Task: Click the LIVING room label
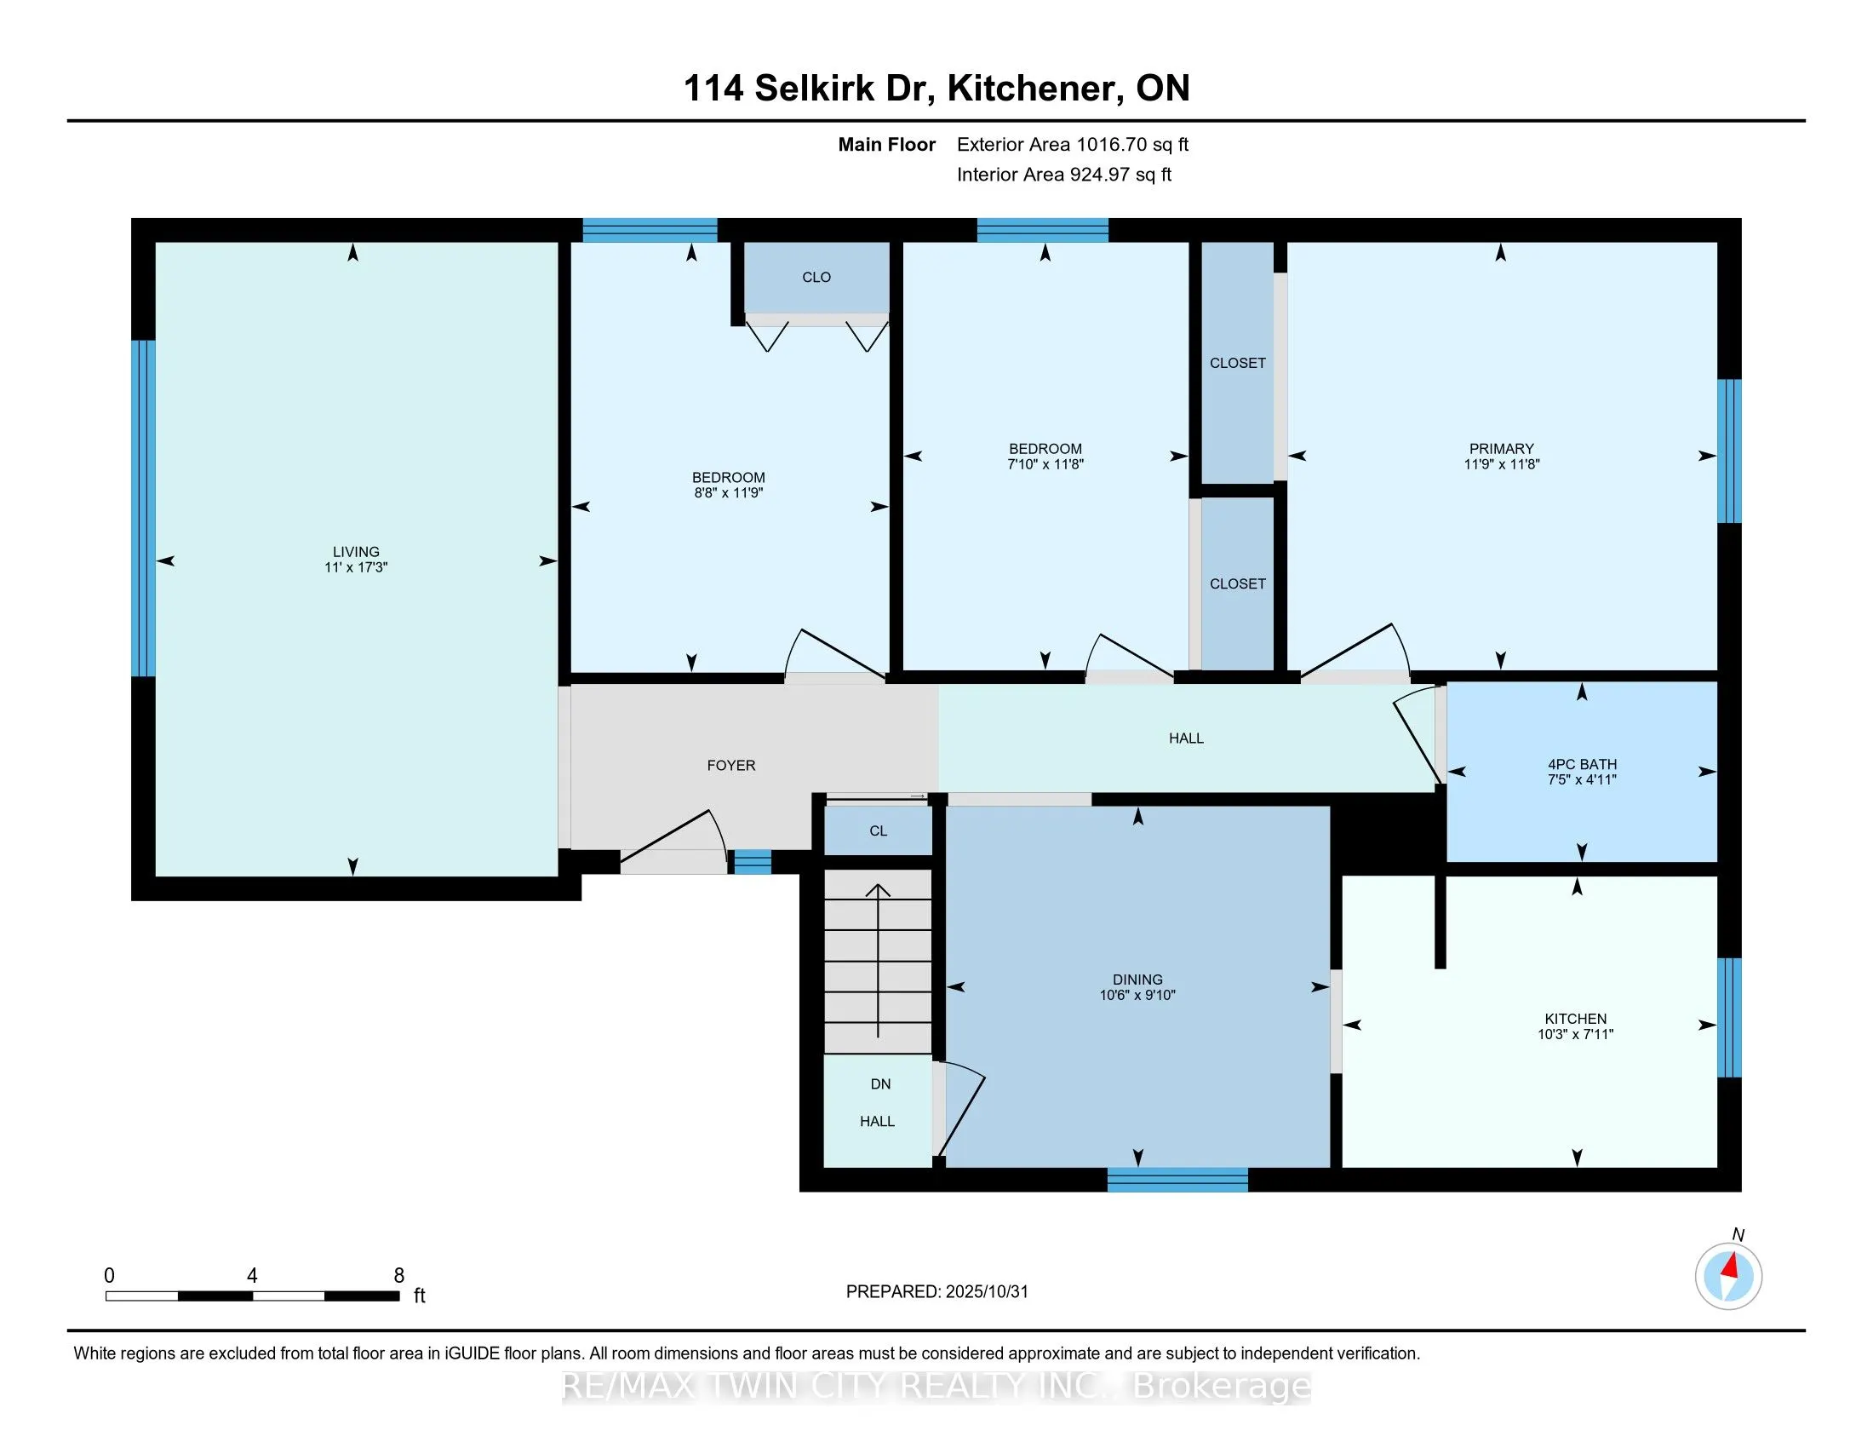356,552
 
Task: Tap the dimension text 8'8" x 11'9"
728,493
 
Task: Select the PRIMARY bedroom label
1501,449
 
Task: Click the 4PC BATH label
1582,764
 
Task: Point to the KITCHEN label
1575,1019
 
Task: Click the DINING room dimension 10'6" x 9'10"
1137,995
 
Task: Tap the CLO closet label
816,277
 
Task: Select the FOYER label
730,765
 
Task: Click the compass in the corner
1728,1277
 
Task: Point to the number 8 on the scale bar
398,1276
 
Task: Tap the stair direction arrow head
877,890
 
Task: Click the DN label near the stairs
880,1084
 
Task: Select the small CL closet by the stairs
877,831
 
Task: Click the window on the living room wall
143,509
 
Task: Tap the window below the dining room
1177,1181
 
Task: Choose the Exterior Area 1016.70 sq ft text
1072,145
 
